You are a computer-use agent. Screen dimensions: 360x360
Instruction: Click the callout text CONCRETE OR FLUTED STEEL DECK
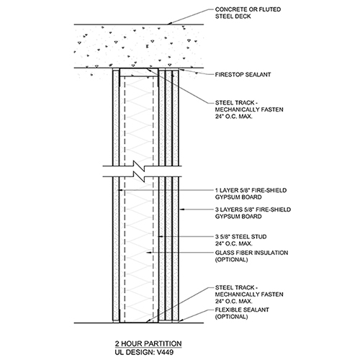(x=248, y=13)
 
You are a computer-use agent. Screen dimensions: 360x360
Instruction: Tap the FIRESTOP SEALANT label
(x=243, y=75)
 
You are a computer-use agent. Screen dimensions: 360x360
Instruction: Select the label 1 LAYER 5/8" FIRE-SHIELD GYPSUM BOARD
(x=251, y=194)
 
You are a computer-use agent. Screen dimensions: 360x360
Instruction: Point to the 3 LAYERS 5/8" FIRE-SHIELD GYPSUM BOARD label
(x=253, y=213)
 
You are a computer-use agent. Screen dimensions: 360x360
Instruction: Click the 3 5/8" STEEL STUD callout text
(x=240, y=240)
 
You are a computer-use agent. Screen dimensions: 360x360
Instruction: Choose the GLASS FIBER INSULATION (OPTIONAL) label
(x=251, y=256)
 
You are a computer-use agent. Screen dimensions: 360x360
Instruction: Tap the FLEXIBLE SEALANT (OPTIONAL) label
(x=242, y=313)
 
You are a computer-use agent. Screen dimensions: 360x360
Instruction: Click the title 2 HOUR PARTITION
(x=148, y=343)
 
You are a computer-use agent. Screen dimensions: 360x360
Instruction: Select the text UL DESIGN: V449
(x=144, y=352)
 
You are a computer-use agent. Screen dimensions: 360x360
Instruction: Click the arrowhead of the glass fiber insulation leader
(x=148, y=253)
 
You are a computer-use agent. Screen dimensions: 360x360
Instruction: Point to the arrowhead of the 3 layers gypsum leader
(x=181, y=210)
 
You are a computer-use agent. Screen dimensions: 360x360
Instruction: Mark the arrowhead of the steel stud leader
(x=161, y=237)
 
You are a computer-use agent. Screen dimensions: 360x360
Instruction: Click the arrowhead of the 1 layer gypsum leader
(x=121, y=190)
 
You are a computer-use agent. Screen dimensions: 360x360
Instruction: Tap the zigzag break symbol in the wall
(x=139, y=171)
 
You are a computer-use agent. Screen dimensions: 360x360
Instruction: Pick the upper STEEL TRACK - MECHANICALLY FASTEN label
(x=249, y=109)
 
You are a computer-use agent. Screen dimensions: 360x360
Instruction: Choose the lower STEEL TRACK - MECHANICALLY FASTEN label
(x=249, y=294)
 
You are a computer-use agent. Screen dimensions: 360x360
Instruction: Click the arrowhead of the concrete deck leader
(x=169, y=24)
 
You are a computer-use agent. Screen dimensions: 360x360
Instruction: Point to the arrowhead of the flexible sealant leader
(x=181, y=320)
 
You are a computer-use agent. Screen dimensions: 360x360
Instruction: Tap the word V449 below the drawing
(x=166, y=352)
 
